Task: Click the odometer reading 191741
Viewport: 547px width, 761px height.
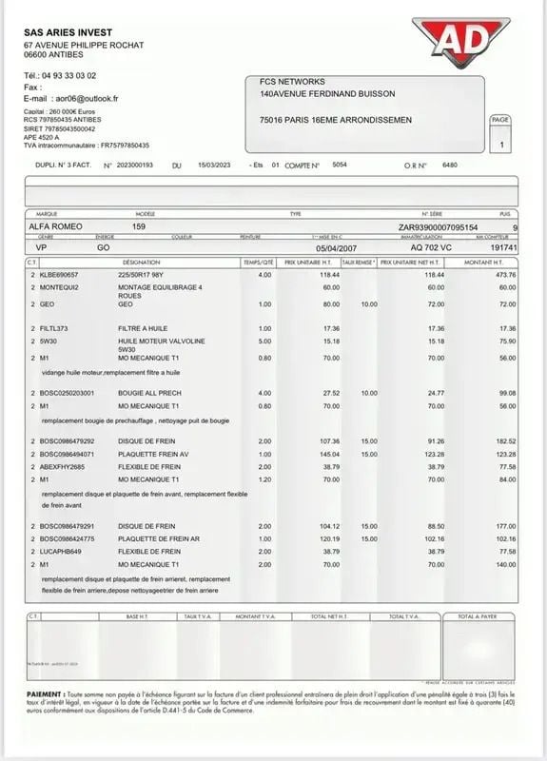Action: [x=500, y=245]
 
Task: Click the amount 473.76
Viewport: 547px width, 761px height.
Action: [x=501, y=274]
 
